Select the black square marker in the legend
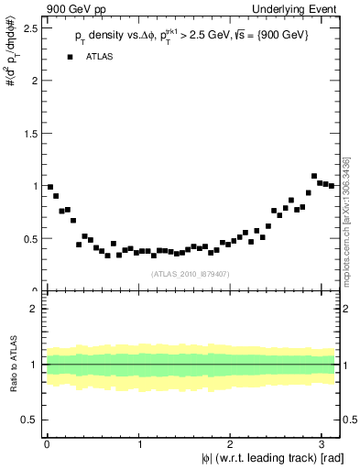(x=70, y=57)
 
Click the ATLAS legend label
(x=101, y=57)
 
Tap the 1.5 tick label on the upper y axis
(x=28, y=133)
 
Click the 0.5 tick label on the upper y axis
(x=28, y=238)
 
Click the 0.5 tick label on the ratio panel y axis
(x=28, y=420)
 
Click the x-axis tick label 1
(x=138, y=444)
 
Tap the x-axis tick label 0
(x=47, y=444)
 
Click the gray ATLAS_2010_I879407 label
(x=190, y=272)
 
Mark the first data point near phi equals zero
(x=50, y=187)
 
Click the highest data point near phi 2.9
(x=314, y=176)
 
